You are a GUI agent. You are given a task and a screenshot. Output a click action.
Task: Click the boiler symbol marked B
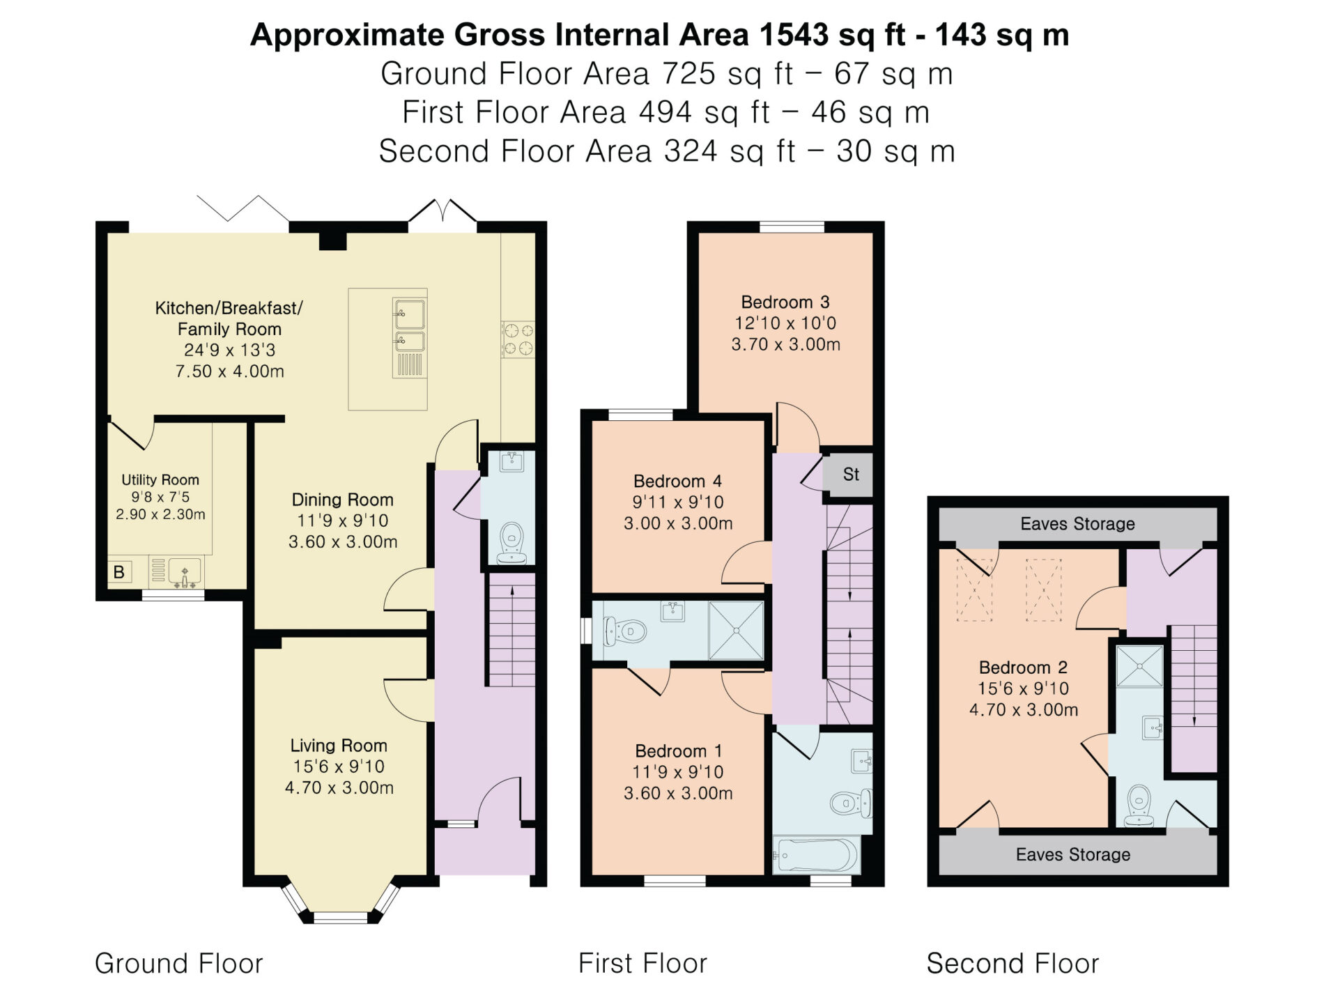pyautogui.click(x=119, y=572)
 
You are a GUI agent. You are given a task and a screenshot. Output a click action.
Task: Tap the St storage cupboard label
pyautogui.click(x=851, y=475)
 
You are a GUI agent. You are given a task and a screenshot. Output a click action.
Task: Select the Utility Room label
pyautogui.click(x=160, y=479)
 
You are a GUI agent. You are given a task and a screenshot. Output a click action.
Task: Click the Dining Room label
pyautogui.click(x=342, y=500)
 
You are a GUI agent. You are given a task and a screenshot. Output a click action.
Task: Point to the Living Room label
pyautogui.click(x=339, y=746)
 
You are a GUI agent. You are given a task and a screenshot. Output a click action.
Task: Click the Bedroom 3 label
pyautogui.click(x=785, y=302)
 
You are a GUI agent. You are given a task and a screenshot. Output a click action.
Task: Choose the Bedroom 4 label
pyautogui.click(x=677, y=481)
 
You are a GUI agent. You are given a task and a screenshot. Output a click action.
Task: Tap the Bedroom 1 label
pyautogui.click(x=678, y=751)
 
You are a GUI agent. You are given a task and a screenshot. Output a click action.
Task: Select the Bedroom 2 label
pyautogui.click(x=1023, y=668)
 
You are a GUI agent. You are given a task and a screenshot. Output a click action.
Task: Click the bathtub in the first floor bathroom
pyautogui.click(x=816, y=854)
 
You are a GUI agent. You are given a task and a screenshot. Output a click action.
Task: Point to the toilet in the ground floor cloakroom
pyautogui.click(x=511, y=542)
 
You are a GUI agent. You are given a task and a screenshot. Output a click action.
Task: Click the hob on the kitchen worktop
pyautogui.click(x=518, y=339)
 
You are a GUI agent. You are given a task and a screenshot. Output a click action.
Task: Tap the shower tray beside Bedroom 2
pyautogui.click(x=1140, y=666)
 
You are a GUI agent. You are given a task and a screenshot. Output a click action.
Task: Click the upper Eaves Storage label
pyautogui.click(x=1077, y=524)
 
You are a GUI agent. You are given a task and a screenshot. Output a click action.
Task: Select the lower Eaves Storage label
pyautogui.click(x=1073, y=855)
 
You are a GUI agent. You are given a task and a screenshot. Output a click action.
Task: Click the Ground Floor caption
pyautogui.click(x=179, y=964)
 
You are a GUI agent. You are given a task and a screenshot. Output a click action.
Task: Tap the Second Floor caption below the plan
pyautogui.click(x=1013, y=964)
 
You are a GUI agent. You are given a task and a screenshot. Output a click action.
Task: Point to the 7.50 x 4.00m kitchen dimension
pyautogui.click(x=230, y=371)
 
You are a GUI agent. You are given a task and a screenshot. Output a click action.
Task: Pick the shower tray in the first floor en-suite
pyautogui.click(x=736, y=630)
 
